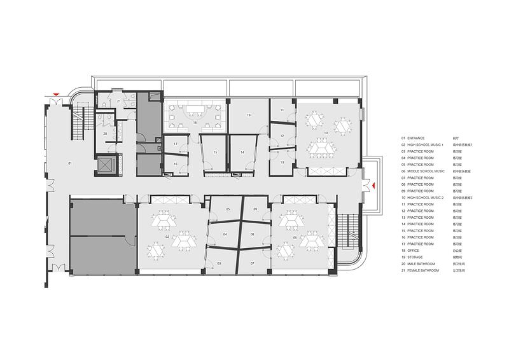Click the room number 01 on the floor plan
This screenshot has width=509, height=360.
(70, 163)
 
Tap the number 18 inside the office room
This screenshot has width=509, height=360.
(195, 122)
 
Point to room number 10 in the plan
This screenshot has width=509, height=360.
(325, 133)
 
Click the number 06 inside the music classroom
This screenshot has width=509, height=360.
(295, 237)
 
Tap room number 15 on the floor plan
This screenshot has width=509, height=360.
(215, 153)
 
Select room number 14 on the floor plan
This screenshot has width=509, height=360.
(242, 153)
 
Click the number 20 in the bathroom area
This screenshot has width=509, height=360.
(105, 134)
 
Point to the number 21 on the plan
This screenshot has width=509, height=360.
(118, 101)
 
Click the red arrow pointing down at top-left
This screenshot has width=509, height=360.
(57, 95)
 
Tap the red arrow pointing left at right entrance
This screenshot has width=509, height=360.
(375, 186)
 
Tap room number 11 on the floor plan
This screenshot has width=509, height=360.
(281, 110)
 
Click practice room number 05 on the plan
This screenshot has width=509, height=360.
(227, 209)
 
